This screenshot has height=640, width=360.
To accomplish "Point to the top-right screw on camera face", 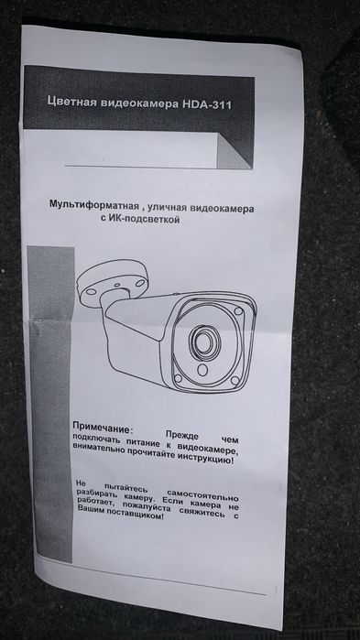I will pos(239,313).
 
